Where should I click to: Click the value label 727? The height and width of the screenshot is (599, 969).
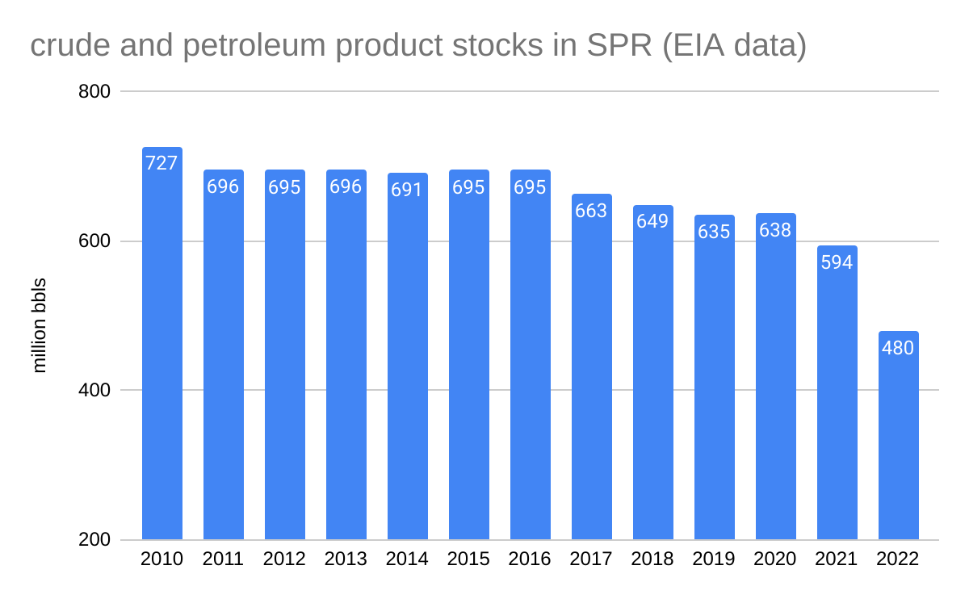coord(161,163)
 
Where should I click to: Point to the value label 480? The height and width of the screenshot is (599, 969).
coord(898,349)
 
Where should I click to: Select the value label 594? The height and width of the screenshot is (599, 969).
coord(837,262)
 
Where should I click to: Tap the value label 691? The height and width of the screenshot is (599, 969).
coord(407,191)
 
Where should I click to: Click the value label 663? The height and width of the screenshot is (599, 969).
coord(591,211)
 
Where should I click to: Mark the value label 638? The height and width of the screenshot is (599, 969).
coord(775,230)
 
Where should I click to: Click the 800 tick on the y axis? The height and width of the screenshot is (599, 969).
coord(94,92)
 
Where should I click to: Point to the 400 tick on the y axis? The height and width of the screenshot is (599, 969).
coord(94,391)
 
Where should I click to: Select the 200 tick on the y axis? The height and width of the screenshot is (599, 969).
coord(94,540)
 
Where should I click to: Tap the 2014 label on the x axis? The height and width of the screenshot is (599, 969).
coord(407,559)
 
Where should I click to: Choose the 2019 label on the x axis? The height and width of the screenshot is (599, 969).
coord(714,559)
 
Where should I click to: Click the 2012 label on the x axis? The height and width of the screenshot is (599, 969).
coord(284,559)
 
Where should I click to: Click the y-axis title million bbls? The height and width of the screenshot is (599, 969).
coord(40,325)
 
